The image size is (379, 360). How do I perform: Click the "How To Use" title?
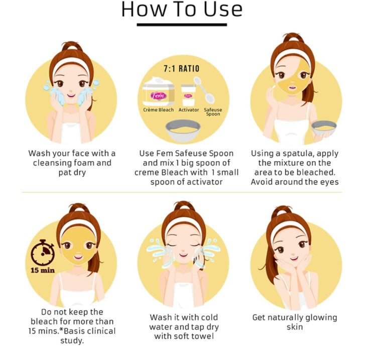(182, 10)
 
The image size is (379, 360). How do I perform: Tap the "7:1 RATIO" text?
(182, 69)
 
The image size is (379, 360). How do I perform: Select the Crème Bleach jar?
(158, 91)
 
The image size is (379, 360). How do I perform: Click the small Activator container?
(188, 95)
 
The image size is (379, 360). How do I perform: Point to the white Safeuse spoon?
(204, 90)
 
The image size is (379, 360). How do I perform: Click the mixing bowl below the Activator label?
(183, 131)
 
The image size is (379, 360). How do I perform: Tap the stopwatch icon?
(43, 252)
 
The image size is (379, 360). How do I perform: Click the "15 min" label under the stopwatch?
(43, 270)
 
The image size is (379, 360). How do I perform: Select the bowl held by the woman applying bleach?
(324, 128)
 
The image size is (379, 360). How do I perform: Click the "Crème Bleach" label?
(158, 110)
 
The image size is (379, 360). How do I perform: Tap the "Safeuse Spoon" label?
(213, 111)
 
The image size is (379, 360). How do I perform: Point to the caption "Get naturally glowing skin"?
(295, 322)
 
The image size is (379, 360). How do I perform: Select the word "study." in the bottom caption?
(72, 341)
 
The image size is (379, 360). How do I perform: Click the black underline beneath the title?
(182, 25)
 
